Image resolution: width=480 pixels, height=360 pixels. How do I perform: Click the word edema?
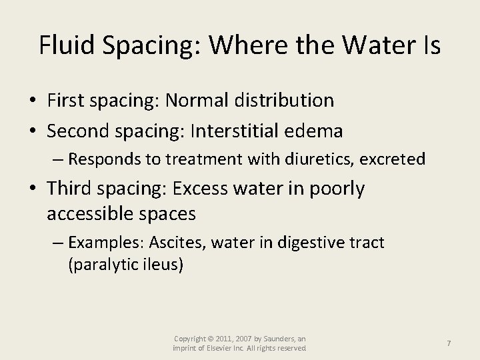[x=317, y=131]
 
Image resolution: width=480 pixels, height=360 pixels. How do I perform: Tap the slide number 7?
[x=449, y=343]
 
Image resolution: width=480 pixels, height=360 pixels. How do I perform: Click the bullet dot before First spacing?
[x=33, y=101]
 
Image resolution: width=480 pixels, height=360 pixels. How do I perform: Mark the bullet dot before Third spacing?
[x=33, y=189]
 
